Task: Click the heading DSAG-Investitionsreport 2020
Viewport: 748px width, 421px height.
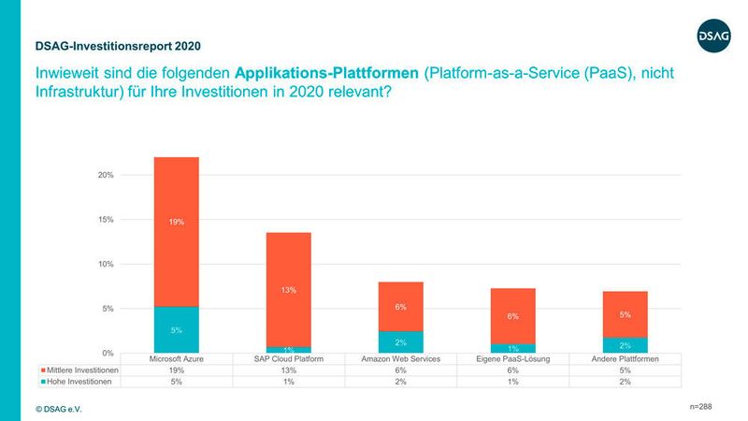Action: tap(117, 45)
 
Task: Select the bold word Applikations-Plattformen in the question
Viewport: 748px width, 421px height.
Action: tap(326, 72)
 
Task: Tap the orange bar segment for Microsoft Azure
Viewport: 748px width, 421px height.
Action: tap(176, 231)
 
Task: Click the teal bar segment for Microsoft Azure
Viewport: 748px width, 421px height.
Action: tap(176, 329)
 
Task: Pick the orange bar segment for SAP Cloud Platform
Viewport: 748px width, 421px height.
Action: tap(288, 289)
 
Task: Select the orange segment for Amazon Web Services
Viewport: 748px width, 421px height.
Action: tap(400, 306)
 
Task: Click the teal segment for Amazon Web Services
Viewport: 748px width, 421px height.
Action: tap(400, 342)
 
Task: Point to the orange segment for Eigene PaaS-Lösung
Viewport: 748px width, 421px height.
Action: tap(512, 315)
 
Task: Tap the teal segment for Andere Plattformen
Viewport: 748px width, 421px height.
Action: tap(625, 345)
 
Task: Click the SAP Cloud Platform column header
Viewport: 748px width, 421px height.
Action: tap(288, 358)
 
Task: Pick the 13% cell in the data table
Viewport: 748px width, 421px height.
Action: tap(288, 370)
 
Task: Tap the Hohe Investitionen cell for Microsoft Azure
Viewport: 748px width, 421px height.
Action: tap(176, 382)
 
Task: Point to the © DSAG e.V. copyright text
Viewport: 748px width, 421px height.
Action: tap(58, 409)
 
